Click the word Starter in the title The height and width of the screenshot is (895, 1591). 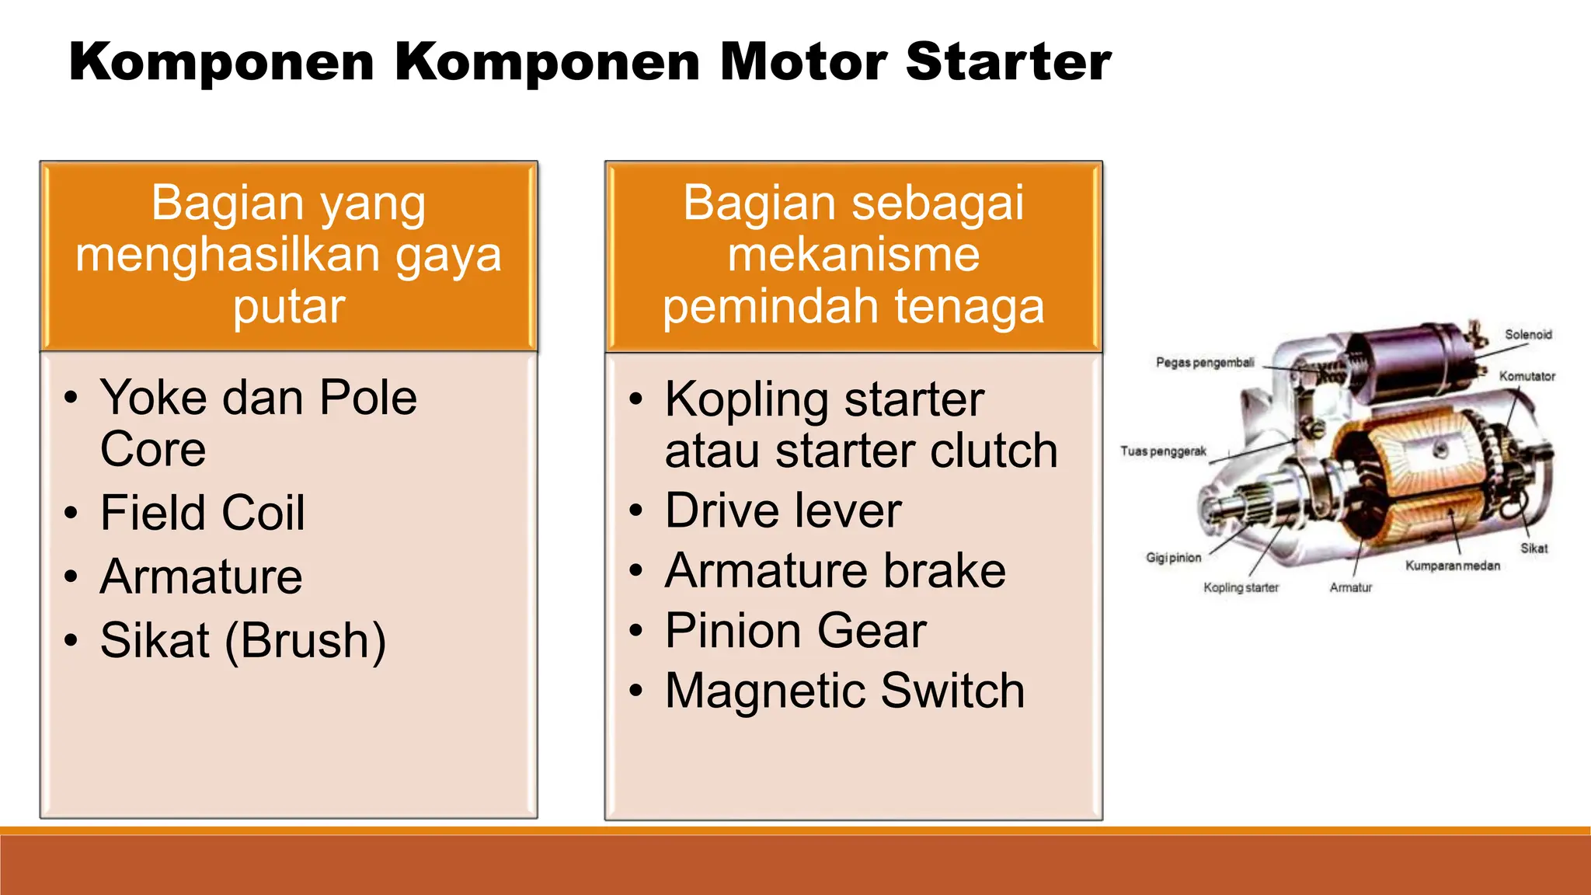[x=1008, y=62]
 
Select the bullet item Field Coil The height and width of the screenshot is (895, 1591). [x=202, y=513]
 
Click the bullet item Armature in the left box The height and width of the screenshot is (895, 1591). [x=201, y=576]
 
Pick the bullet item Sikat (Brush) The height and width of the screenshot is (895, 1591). [x=242, y=641]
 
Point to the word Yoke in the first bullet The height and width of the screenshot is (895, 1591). [x=153, y=398]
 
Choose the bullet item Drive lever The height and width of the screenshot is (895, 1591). [x=782, y=511]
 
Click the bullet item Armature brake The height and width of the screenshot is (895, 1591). [x=835, y=570]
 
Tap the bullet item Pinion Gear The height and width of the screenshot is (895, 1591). [x=795, y=630]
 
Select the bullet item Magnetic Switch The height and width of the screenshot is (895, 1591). [x=844, y=691]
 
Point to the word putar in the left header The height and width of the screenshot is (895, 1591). [x=288, y=307]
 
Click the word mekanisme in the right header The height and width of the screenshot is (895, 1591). [x=853, y=255]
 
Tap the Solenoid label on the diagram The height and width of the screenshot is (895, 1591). [x=1527, y=335]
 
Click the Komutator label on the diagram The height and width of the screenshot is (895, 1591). [x=1527, y=376]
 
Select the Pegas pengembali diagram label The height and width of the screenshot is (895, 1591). [x=1204, y=363]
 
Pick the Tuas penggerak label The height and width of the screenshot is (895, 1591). [x=1163, y=451]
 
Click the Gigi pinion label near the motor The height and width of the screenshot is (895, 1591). [x=1173, y=558]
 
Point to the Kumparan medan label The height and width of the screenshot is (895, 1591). [x=1452, y=566]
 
